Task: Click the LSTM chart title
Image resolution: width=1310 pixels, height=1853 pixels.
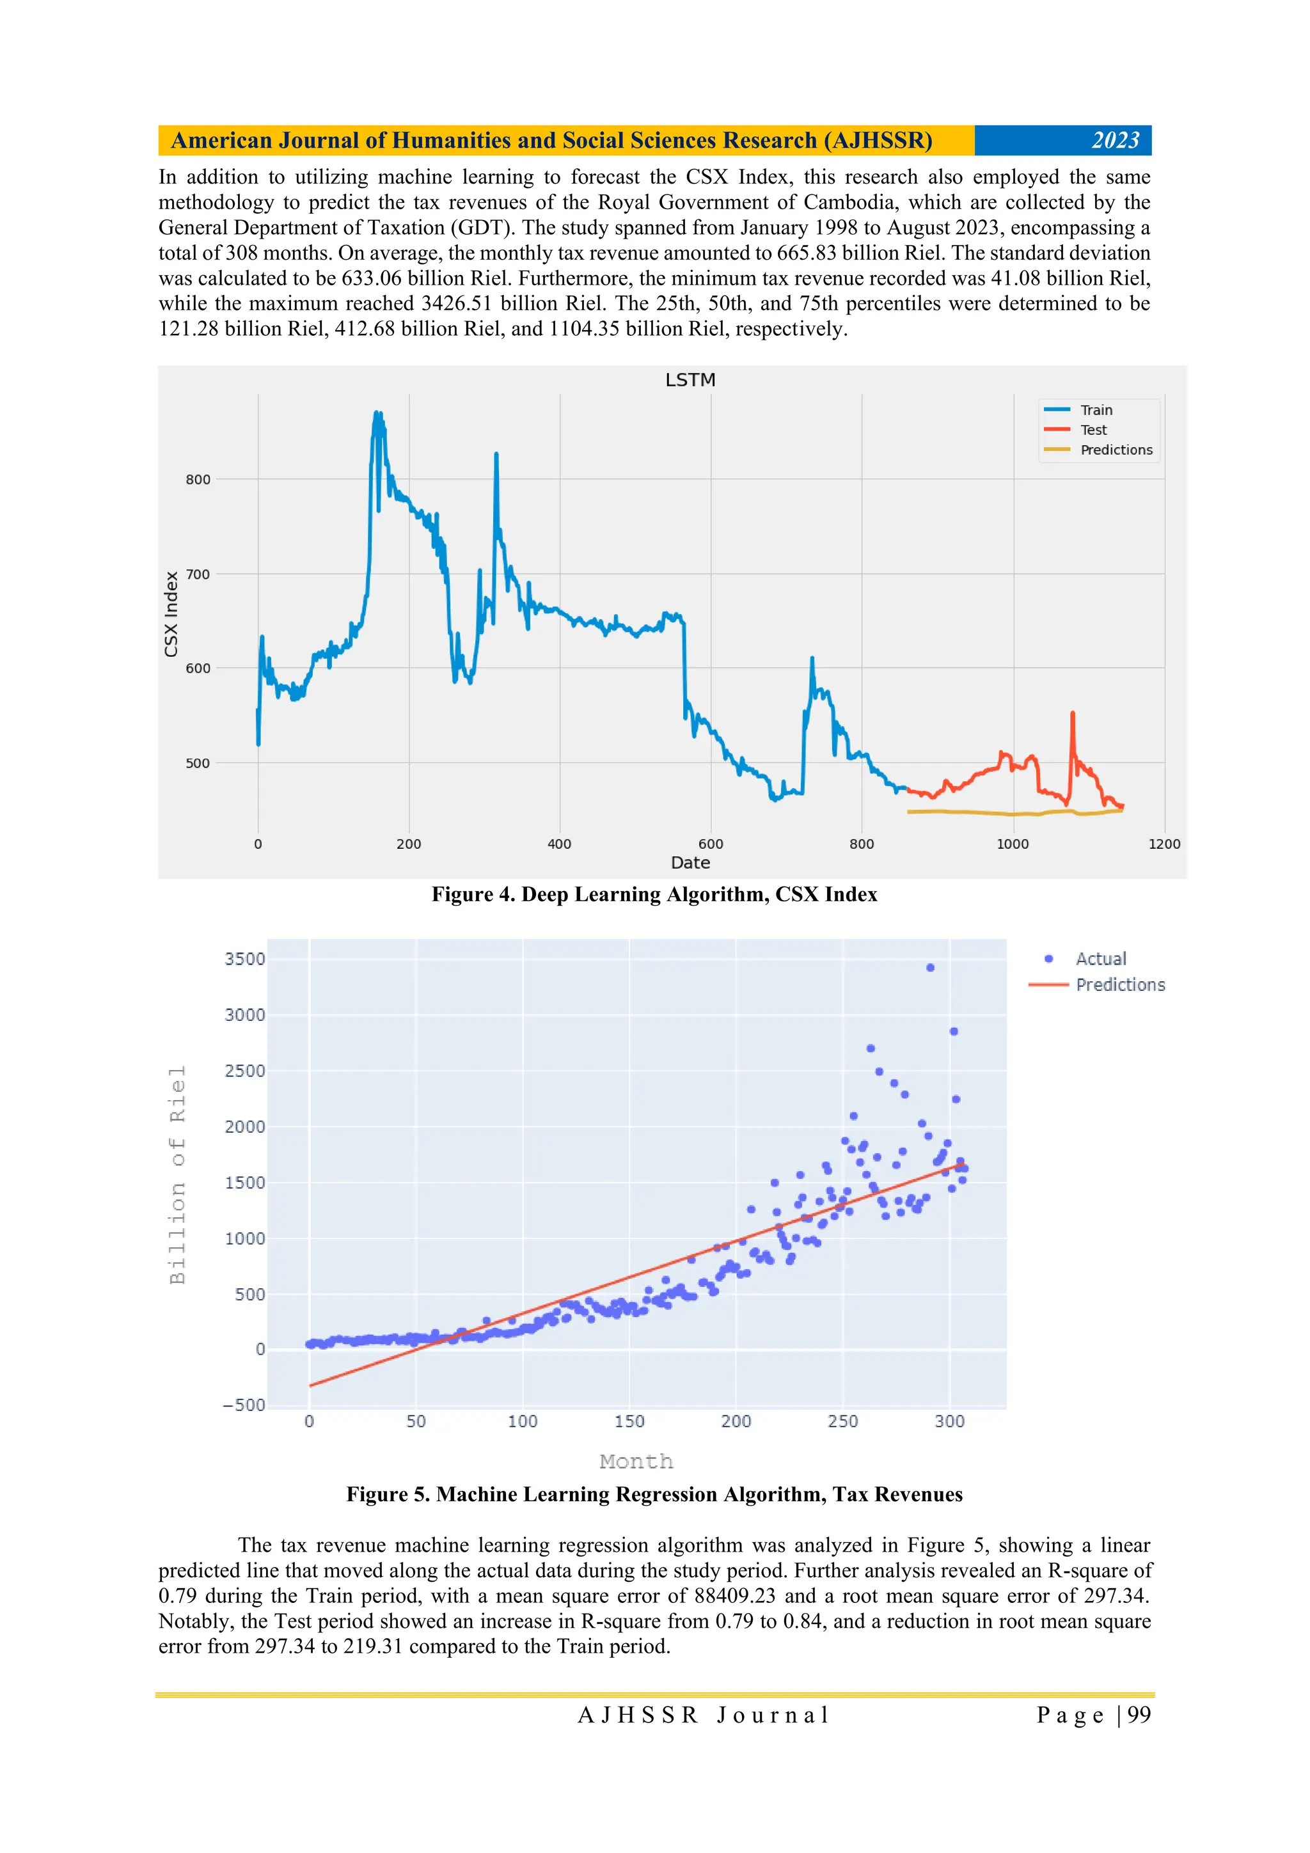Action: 690,380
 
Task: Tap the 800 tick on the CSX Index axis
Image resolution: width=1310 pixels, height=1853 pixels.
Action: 198,479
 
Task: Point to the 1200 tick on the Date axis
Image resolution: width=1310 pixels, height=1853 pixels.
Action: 1163,844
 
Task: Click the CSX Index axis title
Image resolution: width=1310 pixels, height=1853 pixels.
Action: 171,614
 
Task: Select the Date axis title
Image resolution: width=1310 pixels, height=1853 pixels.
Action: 690,863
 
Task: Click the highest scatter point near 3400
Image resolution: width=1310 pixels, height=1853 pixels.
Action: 930,968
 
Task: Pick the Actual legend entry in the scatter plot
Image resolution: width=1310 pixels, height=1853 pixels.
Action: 1100,959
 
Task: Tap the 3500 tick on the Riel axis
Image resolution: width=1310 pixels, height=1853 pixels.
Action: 244,959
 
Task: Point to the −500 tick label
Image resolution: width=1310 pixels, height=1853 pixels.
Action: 244,1405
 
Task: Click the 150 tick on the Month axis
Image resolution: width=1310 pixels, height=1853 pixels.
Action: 629,1421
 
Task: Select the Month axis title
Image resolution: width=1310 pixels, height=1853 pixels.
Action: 636,1462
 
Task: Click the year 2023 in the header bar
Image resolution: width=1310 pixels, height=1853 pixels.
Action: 1115,141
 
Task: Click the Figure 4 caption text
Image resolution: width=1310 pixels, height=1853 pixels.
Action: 654,894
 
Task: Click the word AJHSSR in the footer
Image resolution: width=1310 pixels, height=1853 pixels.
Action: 638,1715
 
